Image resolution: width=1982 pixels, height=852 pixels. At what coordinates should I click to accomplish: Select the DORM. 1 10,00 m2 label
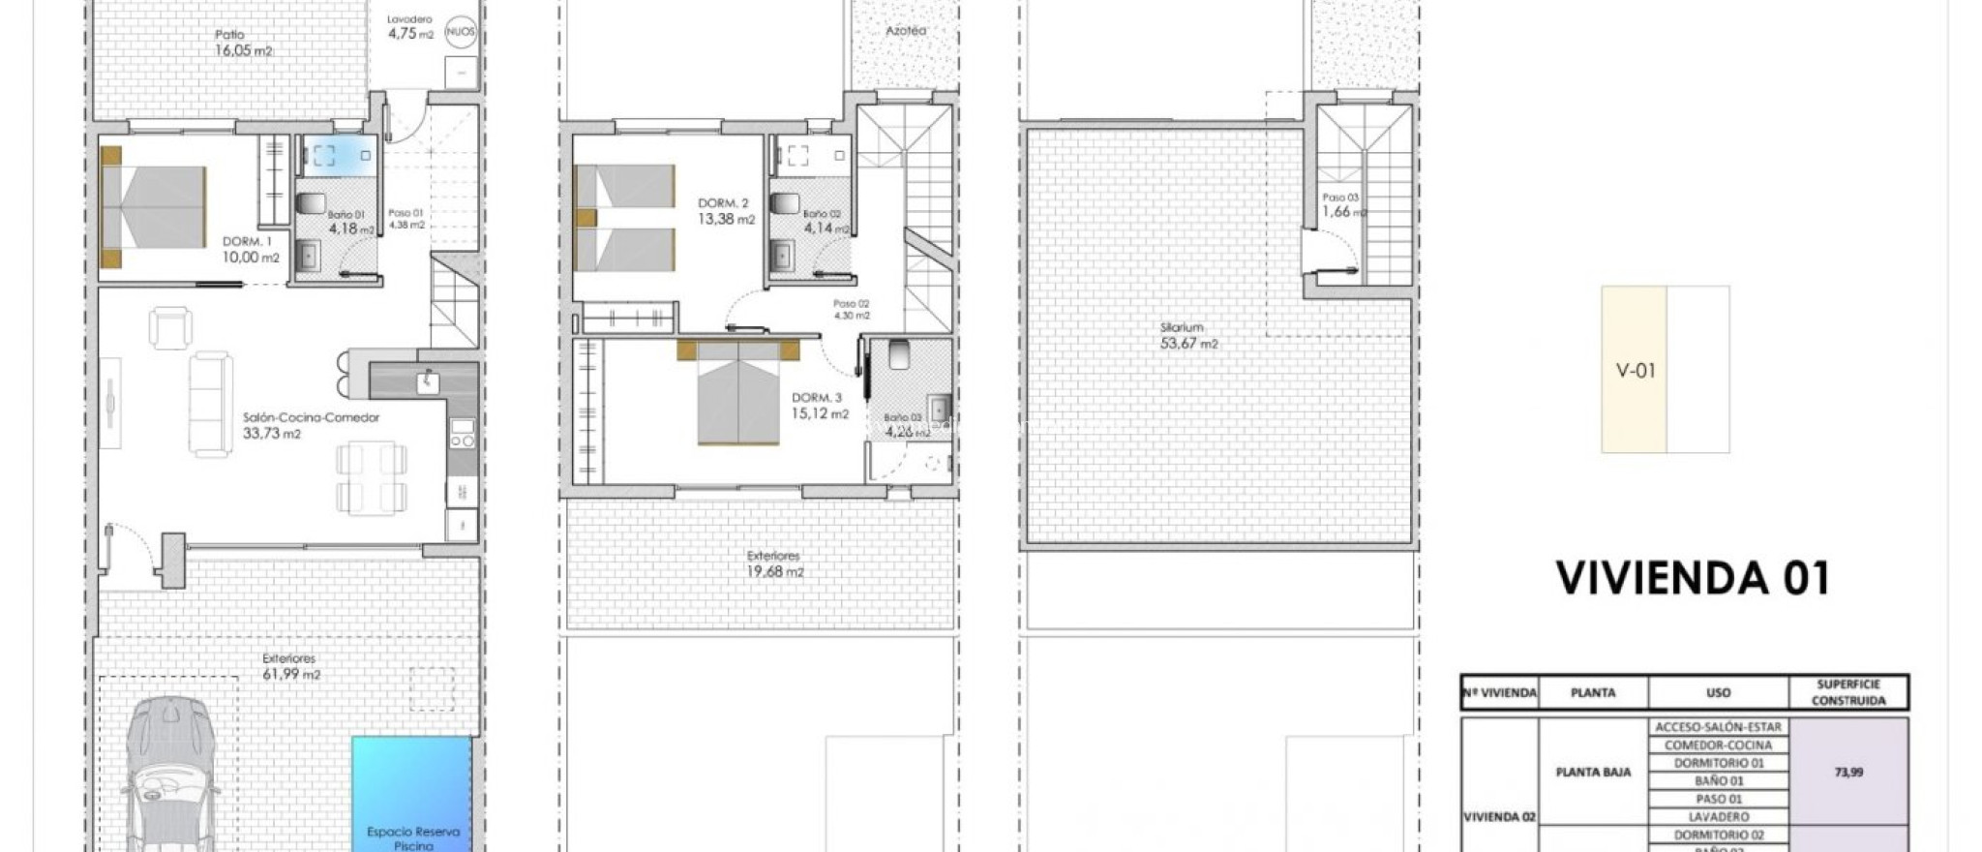coord(251,250)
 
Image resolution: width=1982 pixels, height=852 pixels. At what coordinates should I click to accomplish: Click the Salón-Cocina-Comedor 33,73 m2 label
coord(310,425)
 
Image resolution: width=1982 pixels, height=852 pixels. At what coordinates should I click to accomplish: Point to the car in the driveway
coord(168,775)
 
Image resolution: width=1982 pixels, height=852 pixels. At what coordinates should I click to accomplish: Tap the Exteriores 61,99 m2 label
coord(290,666)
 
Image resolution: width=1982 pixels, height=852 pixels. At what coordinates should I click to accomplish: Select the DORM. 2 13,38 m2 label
coord(725,211)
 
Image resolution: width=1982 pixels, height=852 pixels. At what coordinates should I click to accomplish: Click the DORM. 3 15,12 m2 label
coord(819,406)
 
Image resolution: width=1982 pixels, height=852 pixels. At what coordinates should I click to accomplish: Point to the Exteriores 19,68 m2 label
coord(774,563)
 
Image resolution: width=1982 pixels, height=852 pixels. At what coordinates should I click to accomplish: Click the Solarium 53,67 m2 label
coord(1187,335)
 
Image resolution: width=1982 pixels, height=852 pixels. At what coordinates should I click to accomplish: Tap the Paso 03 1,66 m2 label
coord(1342,204)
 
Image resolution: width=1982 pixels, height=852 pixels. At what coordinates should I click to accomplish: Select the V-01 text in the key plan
coord(1636,370)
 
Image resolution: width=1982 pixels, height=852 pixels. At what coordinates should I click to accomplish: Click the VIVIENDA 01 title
coord(1693,578)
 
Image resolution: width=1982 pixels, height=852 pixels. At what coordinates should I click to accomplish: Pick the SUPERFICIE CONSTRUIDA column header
coord(1847,692)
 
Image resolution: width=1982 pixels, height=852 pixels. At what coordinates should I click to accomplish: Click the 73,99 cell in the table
coord(1848,772)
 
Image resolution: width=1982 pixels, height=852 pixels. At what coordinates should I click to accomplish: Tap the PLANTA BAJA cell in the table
coord(1592,772)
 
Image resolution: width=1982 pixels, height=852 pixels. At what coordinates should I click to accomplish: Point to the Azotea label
coord(906,31)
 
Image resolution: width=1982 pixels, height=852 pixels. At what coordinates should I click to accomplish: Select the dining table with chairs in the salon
coord(372,477)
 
